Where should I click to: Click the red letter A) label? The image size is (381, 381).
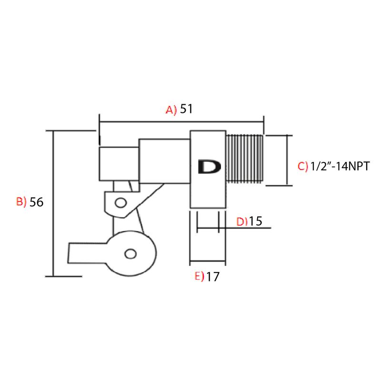171,110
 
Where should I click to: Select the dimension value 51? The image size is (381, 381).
186,109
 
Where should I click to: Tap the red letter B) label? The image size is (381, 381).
21,201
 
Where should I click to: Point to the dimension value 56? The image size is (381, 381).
37,202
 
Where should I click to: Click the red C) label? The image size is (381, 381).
303,166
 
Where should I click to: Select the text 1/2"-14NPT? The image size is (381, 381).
340,166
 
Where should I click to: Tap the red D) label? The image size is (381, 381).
242,221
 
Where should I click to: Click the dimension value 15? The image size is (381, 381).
256,221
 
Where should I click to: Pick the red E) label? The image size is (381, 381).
200,276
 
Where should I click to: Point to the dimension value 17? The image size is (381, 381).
213,277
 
